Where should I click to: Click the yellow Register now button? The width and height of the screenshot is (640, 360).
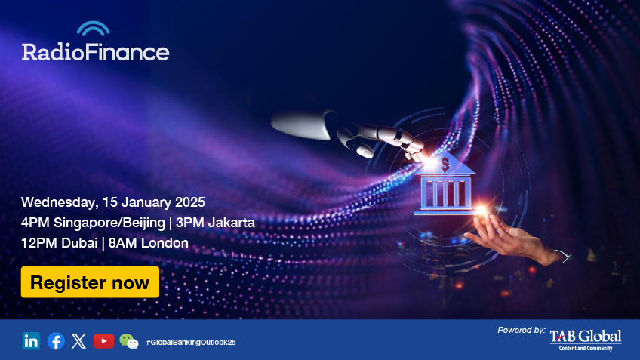[91, 282]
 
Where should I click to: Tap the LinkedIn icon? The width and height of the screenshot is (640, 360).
[31, 341]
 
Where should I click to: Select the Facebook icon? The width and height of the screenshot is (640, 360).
[56, 341]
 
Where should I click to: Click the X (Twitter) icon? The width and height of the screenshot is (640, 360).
[78, 341]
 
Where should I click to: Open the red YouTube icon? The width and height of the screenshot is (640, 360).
[103, 341]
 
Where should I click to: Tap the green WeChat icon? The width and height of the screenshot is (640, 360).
[129, 341]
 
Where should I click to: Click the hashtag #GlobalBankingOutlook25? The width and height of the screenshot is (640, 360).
[191, 343]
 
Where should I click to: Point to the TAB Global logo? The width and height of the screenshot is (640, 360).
[586, 340]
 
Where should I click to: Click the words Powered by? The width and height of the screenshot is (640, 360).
[522, 331]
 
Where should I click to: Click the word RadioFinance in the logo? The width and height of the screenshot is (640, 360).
[96, 51]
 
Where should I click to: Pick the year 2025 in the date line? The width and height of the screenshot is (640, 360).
[189, 202]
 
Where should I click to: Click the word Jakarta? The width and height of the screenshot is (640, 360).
[232, 223]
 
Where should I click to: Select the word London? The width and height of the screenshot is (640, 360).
[165, 243]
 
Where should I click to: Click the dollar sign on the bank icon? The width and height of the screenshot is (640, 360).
[445, 164]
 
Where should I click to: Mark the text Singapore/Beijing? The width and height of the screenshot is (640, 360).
[109, 223]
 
